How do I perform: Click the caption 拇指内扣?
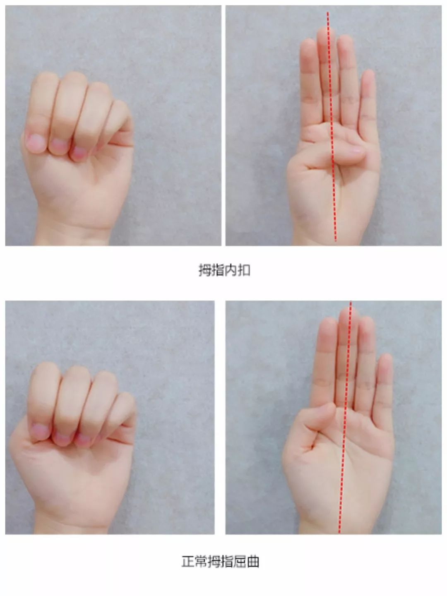click(224, 270)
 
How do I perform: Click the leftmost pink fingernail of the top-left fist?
click(35, 143)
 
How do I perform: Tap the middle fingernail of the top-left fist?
click(59, 146)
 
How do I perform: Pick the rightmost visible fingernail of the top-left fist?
click(79, 153)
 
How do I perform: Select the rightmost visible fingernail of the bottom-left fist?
click(82, 439)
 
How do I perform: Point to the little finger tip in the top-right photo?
click(368, 76)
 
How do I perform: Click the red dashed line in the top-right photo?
click(332, 126)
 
